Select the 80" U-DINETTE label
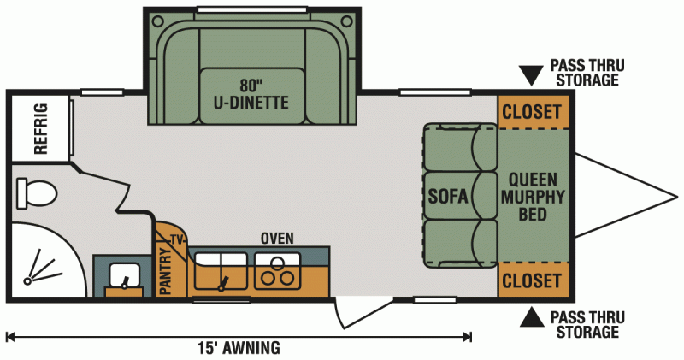tap(251, 95)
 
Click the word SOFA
tap(448, 198)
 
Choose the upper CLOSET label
tap(532, 112)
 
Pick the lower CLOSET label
tap(532, 280)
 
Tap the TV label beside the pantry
tap(177, 239)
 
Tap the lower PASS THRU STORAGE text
tap(585, 324)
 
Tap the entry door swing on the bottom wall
tap(351, 312)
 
